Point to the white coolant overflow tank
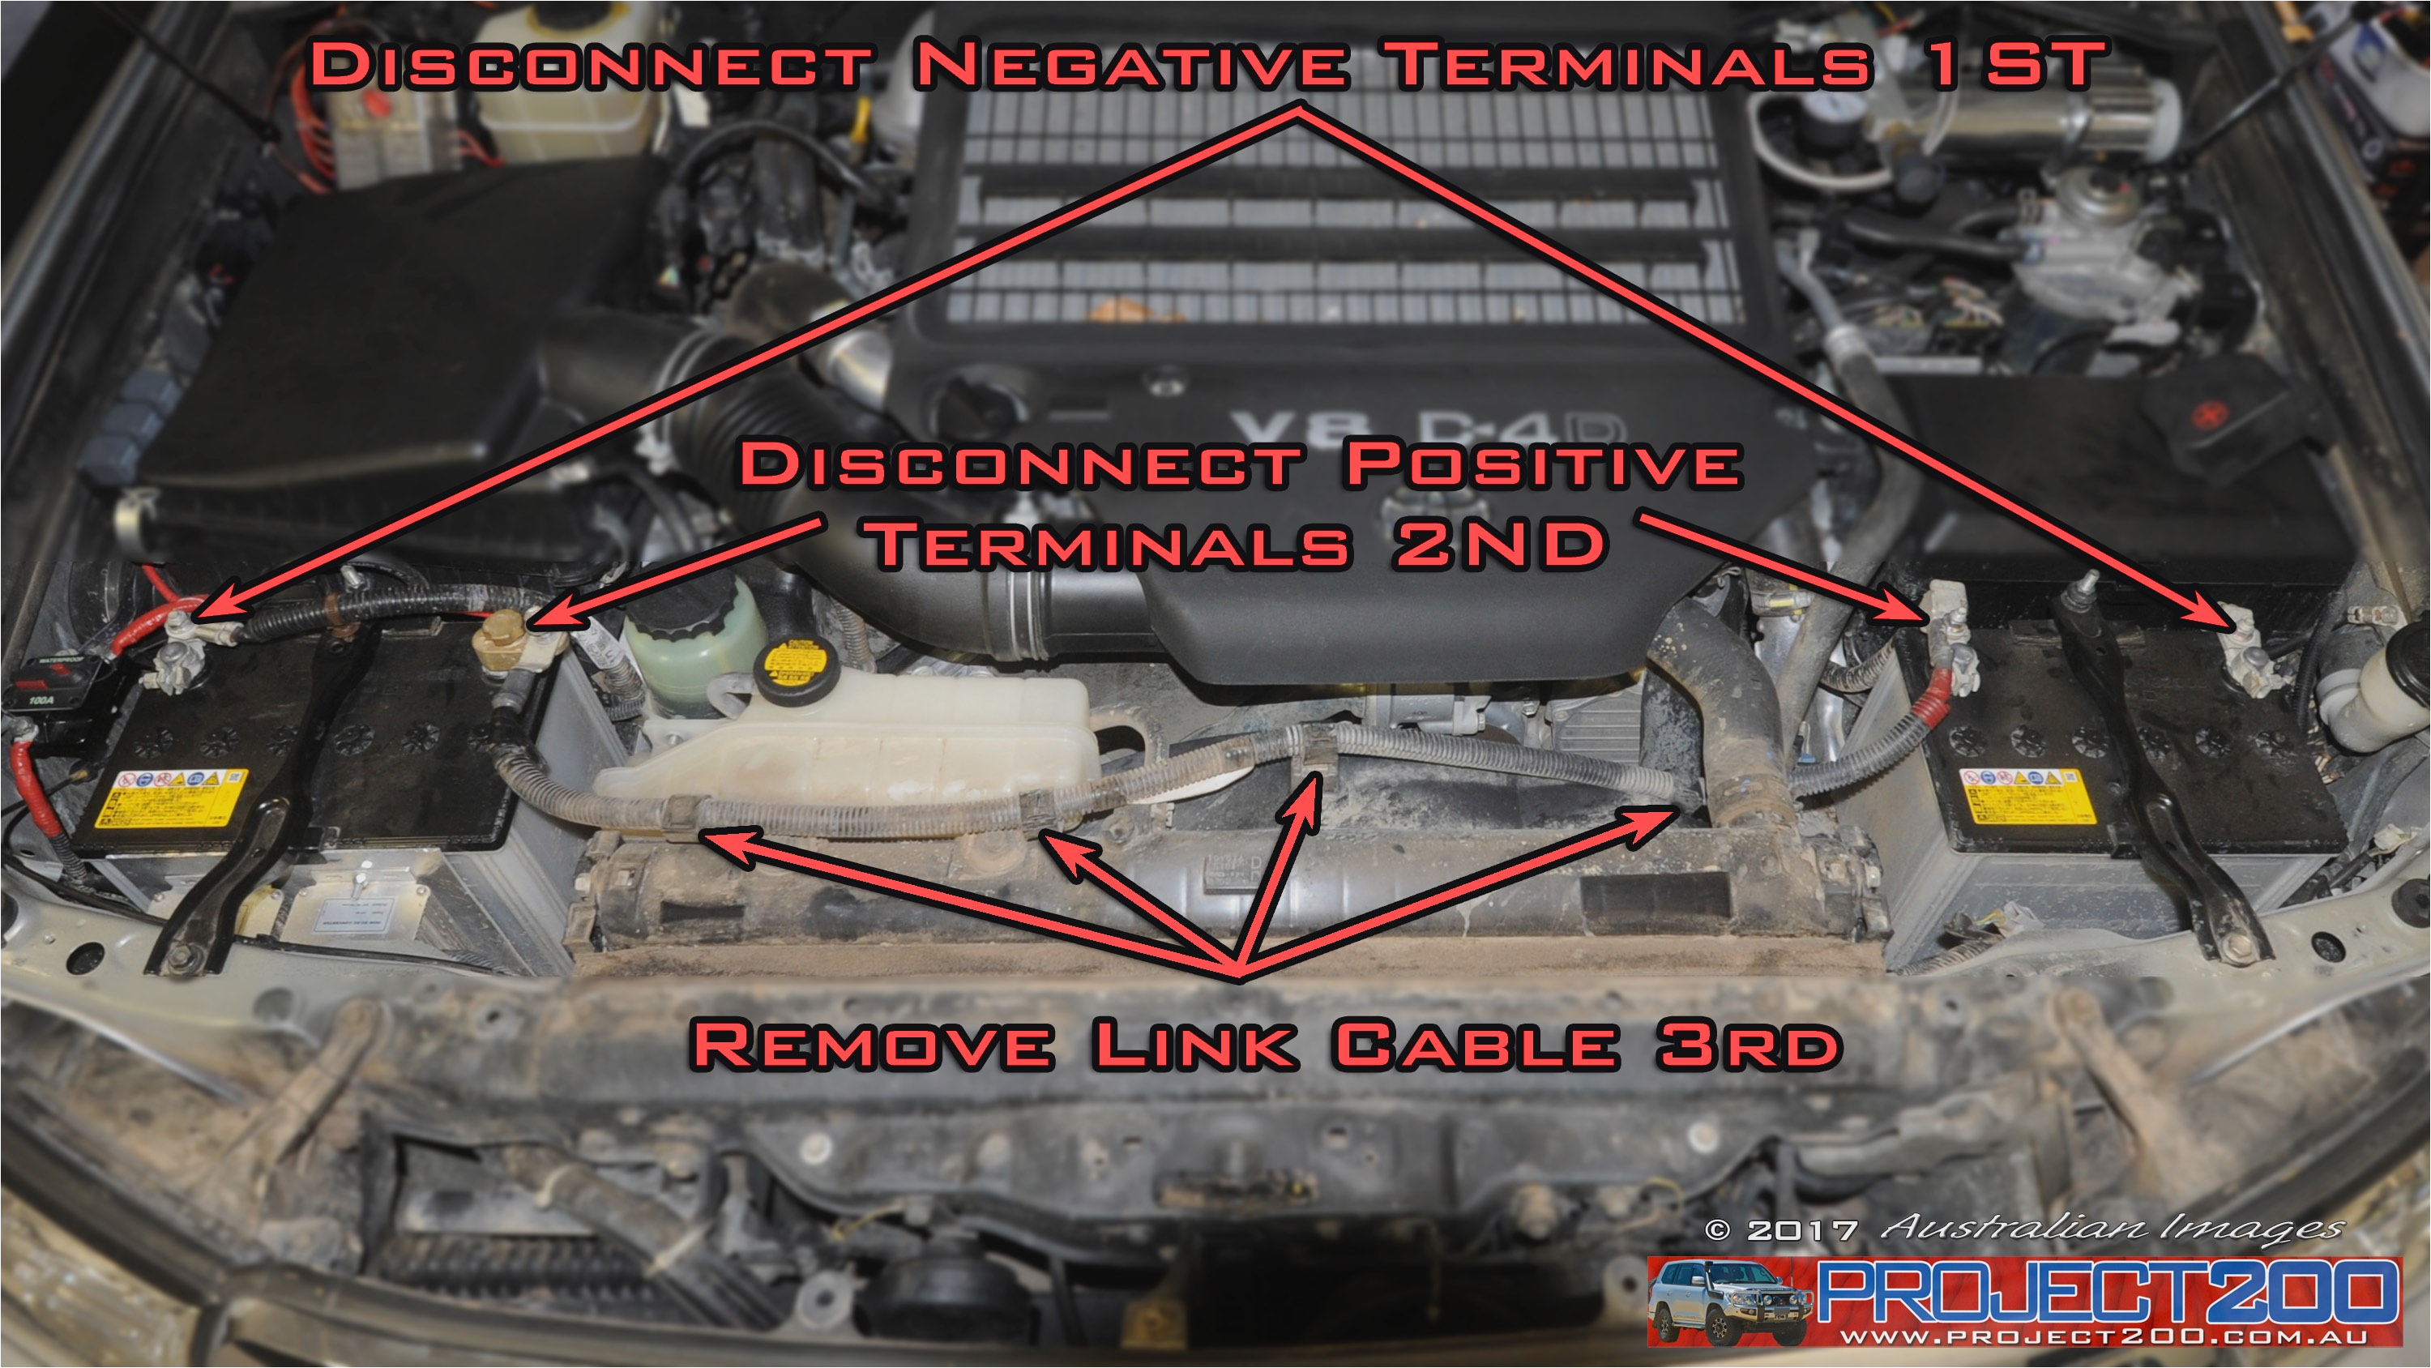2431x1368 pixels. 849,746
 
